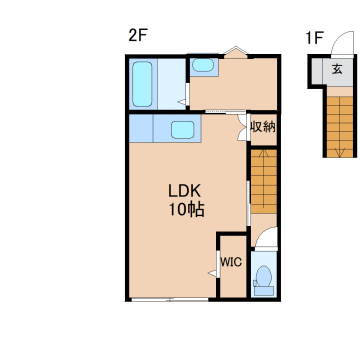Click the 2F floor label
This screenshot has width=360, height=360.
click(x=138, y=36)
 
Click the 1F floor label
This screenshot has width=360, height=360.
click(x=314, y=38)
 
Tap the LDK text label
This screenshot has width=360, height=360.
click(x=184, y=192)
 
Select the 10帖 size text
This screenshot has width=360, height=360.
click(x=186, y=210)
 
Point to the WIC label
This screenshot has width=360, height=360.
click(x=231, y=262)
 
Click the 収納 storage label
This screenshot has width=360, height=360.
click(x=263, y=127)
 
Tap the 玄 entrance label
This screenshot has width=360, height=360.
click(x=337, y=70)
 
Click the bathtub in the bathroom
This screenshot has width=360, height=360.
click(x=142, y=84)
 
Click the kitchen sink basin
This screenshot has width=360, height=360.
click(x=183, y=130)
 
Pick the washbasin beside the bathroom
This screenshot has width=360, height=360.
click(x=203, y=65)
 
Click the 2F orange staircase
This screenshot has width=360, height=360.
click(x=263, y=181)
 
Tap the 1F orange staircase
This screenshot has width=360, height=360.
click(x=339, y=127)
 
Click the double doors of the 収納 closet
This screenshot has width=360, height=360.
click(x=243, y=127)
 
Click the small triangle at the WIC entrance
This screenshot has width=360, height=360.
click(x=212, y=274)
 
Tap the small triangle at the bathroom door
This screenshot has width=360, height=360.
click(x=181, y=102)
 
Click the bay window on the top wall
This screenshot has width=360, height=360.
click(x=236, y=52)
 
